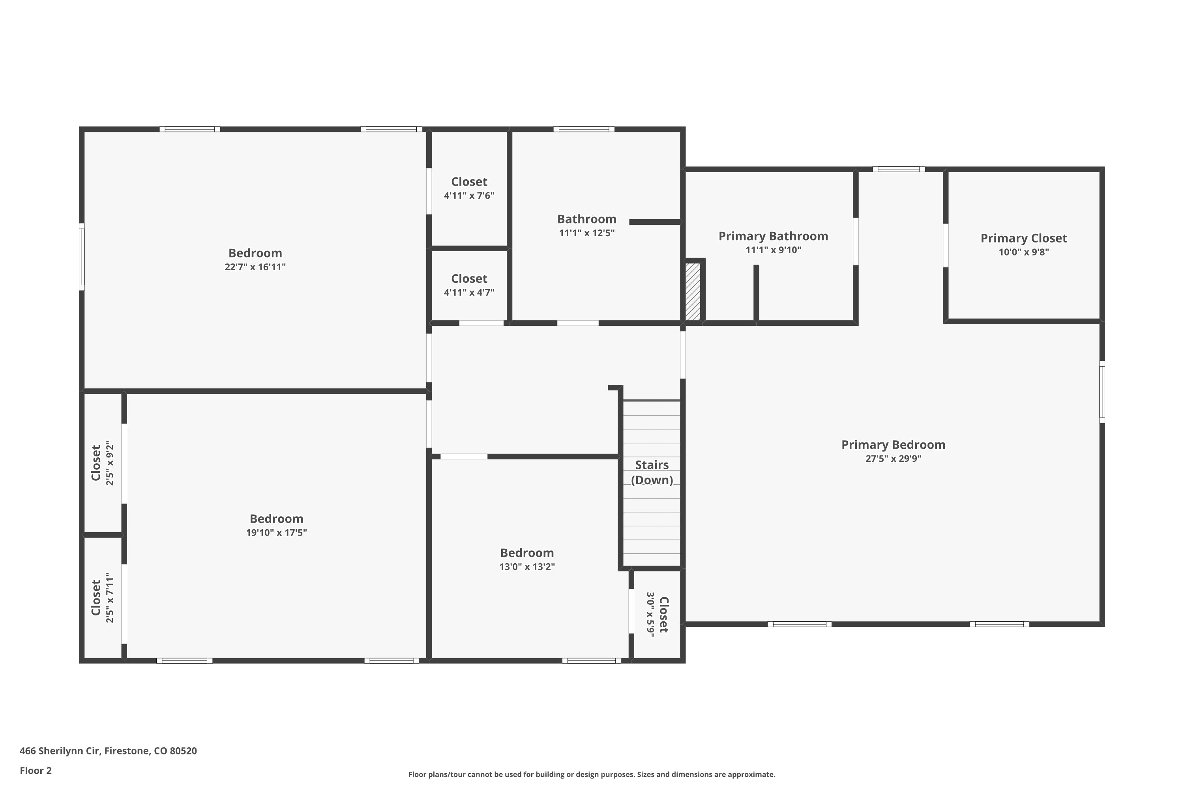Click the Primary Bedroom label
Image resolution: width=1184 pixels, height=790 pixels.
(x=893, y=445)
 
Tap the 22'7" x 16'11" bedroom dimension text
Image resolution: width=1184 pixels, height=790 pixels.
(x=255, y=267)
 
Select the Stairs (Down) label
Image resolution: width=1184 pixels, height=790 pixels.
(x=652, y=472)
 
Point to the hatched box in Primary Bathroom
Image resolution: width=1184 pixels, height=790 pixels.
(x=693, y=291)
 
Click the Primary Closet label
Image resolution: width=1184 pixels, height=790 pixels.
(x=1023, y=238)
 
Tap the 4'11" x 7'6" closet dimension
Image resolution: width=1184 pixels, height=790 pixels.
(x=469, y=196)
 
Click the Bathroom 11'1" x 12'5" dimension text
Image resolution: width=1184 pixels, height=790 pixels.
(x=587, y=233)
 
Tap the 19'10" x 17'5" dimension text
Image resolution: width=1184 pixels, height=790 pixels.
(x=276, y=532)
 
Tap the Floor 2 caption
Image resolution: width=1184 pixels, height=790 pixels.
(x=36, y=770)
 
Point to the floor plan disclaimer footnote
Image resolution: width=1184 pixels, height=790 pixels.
(x=592, y=774)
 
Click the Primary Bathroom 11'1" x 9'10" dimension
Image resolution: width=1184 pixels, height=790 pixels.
(x=773, y=250)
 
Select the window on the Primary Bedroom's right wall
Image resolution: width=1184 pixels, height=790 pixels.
(x=1102, y=392)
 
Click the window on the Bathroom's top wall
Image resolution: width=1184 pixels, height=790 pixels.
(x=584, y=130)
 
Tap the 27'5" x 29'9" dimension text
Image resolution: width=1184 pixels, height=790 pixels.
(x=893, y=459)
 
